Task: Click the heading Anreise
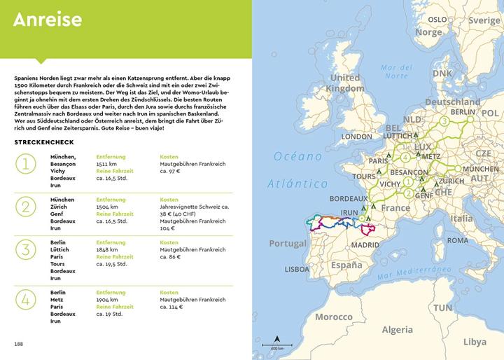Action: click(x=48, y=20)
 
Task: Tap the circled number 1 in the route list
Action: click(x=26, y=165)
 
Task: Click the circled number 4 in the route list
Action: click(x=26, y=299)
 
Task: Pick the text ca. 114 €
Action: click(x=171, y=306)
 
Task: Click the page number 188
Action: click(x=18, y=344)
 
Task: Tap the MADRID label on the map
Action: click(x=365, y=246)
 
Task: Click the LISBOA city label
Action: click(x=297, y=269)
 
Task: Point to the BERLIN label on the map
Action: click(x=463, y=112)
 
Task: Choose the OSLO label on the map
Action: click(x=437, y=20)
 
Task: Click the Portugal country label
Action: click(x=288, y=244)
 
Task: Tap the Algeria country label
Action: click(x=397, y=330)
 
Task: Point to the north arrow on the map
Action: click(x=277, y=335)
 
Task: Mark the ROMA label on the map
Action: click(x=457, y=240)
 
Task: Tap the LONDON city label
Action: click(x=356, y=137)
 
